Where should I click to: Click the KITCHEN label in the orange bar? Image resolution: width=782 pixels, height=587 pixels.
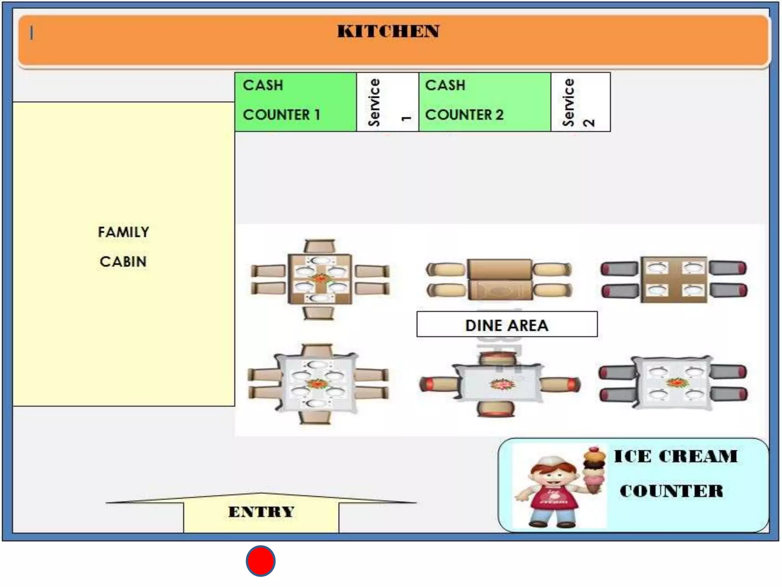tap(388, 31)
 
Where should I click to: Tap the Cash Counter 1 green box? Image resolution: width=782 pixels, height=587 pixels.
tap(296, 102)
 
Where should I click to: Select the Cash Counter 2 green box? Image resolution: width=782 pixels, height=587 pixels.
tap(484, 102)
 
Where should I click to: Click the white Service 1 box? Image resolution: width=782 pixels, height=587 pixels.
tap(388, 102)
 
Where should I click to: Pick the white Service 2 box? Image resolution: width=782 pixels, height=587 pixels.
tap(580, 102)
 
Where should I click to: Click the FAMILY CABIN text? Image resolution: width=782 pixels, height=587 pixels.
tap(123, 247)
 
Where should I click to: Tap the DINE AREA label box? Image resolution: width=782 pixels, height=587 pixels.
tap(507, 324)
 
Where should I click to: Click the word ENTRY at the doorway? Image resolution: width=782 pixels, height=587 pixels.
tap(261, 512)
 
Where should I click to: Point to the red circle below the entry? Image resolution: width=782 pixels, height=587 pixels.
tap(261, 561)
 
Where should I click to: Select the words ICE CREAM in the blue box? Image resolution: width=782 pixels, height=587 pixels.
tap(675, 456)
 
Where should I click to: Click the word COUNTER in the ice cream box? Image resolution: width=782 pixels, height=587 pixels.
tap(671, 491)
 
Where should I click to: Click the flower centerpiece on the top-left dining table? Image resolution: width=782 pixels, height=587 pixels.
tap(320, 279)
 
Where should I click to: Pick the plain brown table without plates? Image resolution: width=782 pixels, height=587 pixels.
tap(499, 280)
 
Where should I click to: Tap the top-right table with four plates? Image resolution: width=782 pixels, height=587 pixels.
tap(674, 280)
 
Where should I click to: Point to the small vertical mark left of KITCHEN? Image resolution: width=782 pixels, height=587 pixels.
tap(32, 33)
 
